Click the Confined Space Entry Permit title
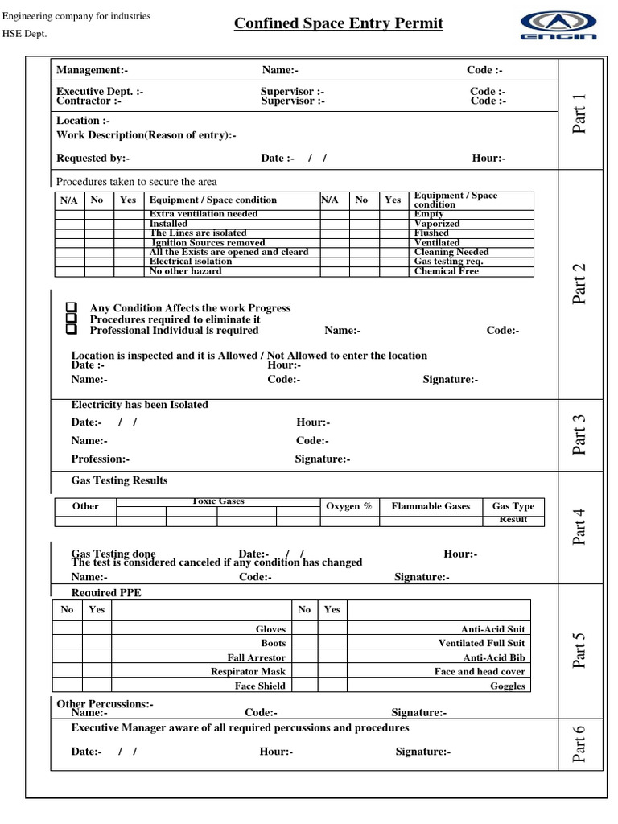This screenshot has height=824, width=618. pos(338,23)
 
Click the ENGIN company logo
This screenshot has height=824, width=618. pos(558,25)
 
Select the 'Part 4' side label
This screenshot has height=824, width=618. pos(579,526)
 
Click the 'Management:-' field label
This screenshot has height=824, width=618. pos(92,71)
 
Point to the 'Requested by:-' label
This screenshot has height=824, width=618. pos(93,158)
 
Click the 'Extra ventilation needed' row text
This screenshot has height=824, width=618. pos(204,214)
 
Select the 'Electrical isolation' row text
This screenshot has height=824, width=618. pos(191,262)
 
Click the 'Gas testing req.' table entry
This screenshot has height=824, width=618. pos(448,262)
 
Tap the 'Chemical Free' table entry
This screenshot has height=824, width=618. pos(446,271)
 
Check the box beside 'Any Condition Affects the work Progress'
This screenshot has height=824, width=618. pos(72,308)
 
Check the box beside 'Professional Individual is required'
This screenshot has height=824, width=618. pos(72,330)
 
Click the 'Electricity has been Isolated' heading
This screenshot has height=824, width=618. pos(139,405)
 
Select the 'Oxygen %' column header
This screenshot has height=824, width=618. pos(348,506)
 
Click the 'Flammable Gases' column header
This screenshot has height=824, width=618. pos(431,506)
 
